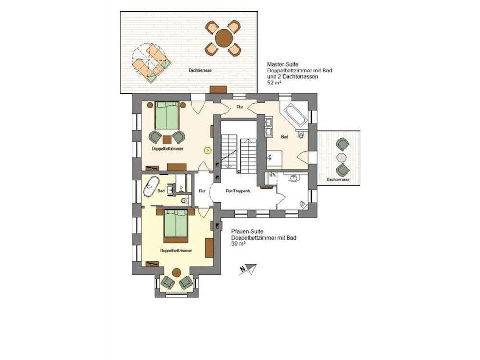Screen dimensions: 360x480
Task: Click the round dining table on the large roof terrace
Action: pyautogui.click(x=223, y=37)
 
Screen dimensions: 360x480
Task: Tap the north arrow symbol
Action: pyautogui.click(x=248, y=270)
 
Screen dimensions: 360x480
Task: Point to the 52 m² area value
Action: pyautogui.click(x=274, y=83)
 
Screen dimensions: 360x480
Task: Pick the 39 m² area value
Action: pyautogui.click(x=238, y=244)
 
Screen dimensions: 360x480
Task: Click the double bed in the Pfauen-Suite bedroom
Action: pyautogui.click(x=176, y=225)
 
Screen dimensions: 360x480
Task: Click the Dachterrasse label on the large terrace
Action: pyautogui.click(x=200, y=70)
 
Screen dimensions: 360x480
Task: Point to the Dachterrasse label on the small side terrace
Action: pyautogui.click(x=338, y=180)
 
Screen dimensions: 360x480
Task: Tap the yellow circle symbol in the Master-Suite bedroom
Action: pyautogui.click(x=207, y=150)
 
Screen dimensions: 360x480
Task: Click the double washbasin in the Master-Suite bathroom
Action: pyautogui.click(x=268, y=126)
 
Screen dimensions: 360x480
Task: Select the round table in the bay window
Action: pyautogui.click(x=176, y=273)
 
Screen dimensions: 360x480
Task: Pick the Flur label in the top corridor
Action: pyautogui.click(x=240, y=107)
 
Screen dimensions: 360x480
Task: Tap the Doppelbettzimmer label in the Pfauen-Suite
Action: pyautogui.click(x=176, y=251)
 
